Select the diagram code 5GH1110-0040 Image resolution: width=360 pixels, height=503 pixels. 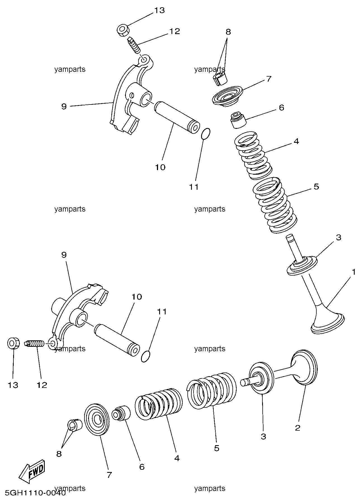pos(35,493)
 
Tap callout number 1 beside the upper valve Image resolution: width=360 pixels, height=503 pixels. pos(354,272)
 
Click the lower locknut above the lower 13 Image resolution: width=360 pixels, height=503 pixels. pos(13,343)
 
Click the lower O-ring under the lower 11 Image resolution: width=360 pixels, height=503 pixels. pos(146,357)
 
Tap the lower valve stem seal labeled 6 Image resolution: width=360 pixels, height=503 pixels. pos(121,413)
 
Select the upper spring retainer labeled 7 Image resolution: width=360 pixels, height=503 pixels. pos(227,96)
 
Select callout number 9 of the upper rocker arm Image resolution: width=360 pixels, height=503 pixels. pos(64,106)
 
